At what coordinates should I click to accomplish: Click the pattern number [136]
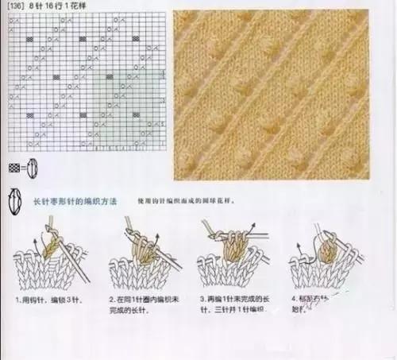pos(13,8)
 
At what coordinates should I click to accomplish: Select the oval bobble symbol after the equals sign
pos(33,168)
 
